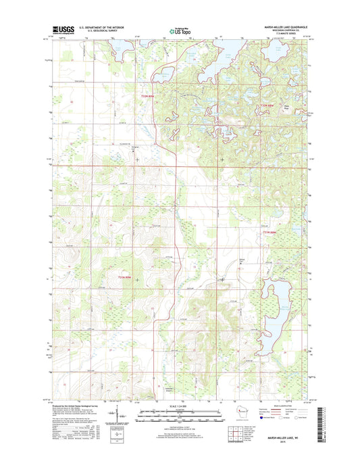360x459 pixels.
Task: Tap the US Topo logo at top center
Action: pyautogui.click(x=179, y=30)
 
